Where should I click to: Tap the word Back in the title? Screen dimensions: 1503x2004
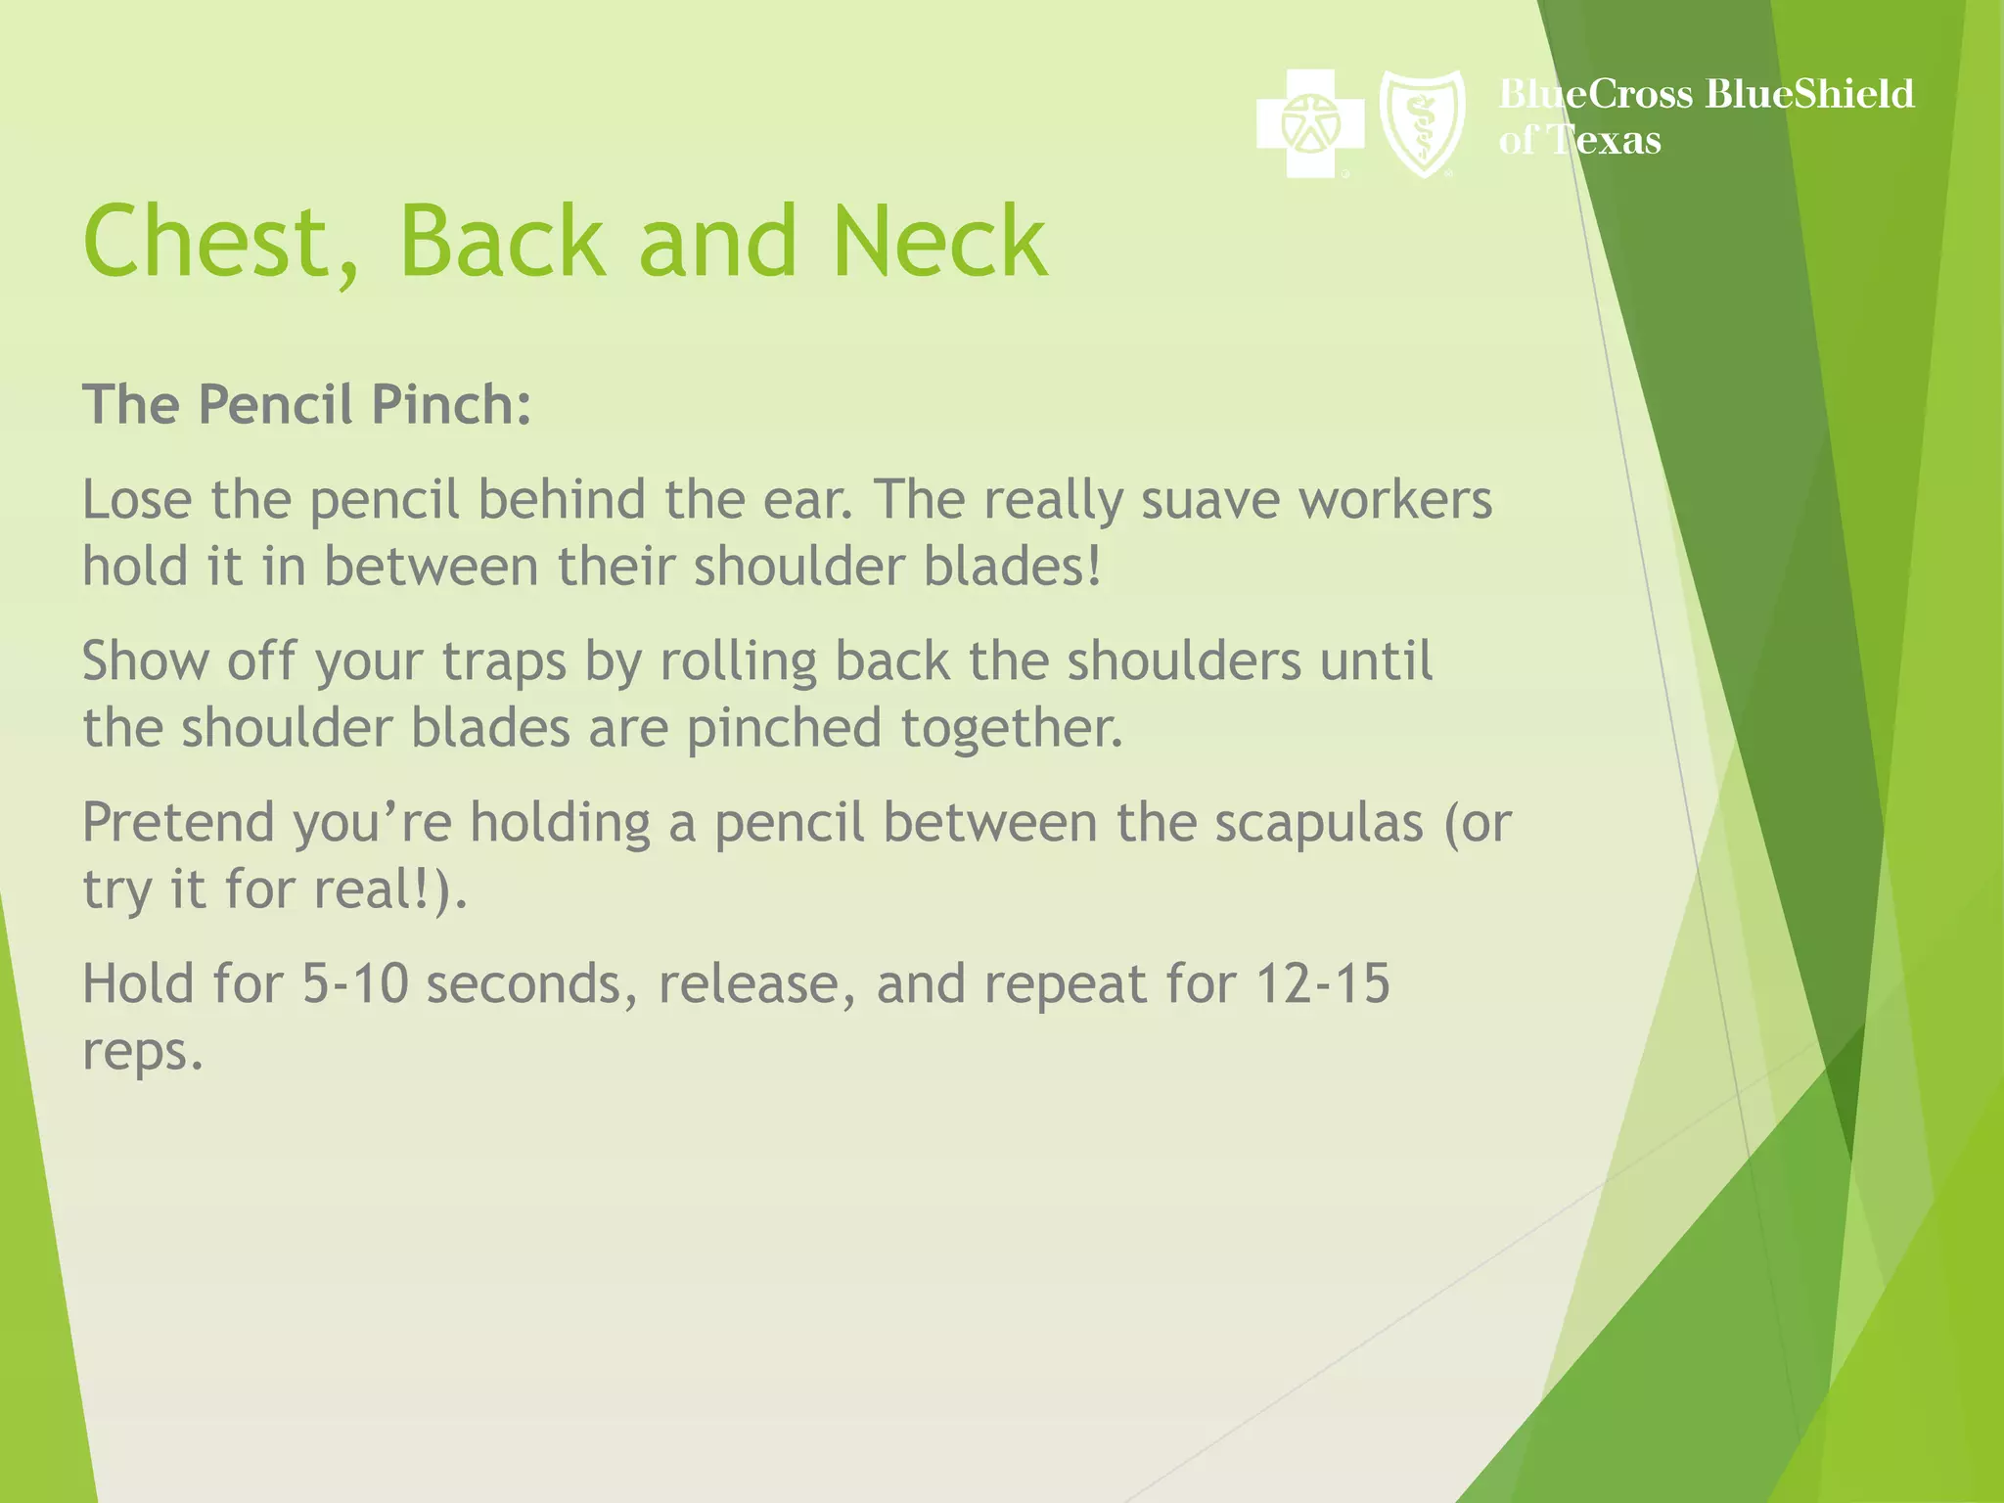coord(502,242)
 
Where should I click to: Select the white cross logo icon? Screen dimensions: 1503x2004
coord(1310,123)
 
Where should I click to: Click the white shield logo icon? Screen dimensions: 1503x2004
coord(1422,123)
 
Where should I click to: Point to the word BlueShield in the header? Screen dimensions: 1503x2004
coord(1808,94)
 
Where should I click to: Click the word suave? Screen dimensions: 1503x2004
coord(1210,500)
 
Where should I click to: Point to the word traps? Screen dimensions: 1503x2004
coord(504,661)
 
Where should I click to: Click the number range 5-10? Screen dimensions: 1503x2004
coord(354,983)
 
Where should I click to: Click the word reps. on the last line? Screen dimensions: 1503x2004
coord(142,1052)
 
